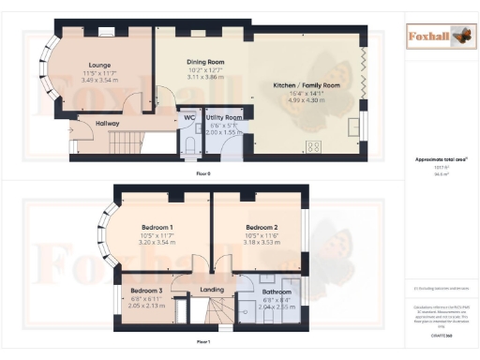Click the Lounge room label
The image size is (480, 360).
pos(99,64)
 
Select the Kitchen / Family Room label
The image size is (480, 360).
pos(306,84)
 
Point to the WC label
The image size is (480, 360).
pos(188,117)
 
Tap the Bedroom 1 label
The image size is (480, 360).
pos(157,227)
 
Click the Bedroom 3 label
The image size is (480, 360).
pos(146,291)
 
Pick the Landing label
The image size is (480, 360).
pos(213,290)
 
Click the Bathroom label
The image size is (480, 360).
pos(276,292)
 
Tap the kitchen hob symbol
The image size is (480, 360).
pos(313,144)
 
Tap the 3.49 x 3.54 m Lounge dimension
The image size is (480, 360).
pos(99,80)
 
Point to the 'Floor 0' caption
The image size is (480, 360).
pos(202,174)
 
